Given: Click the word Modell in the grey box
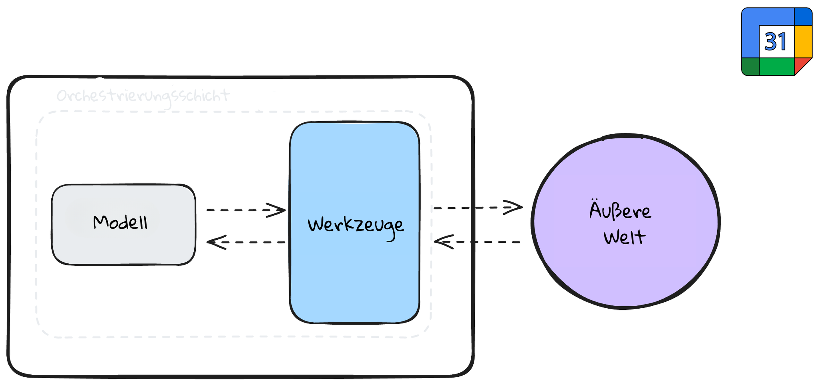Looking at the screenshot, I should tap(120, 222).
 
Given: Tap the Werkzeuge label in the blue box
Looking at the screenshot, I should tap(356, 225).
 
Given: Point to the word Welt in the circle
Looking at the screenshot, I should tap(624, 237).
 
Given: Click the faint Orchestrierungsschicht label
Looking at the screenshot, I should tap(143, 96).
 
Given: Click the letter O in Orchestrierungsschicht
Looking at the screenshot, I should tap(62, 96).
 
